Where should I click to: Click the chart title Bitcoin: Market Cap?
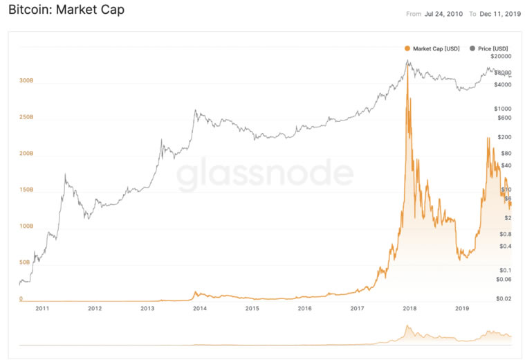pos(66,11)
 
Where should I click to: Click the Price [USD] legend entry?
pos(492,48)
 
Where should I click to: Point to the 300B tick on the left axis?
pos(26,80)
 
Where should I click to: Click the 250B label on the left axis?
pos(26,117)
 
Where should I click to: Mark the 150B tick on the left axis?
pos(26,190)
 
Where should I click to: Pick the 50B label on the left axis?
pos(25,262)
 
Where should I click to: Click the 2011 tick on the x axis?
pos(42,308)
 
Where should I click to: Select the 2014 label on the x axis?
pos(199,308)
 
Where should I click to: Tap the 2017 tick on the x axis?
pos(357,308)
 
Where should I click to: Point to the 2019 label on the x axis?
pos(462,308)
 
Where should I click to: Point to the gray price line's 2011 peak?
pos(65,174)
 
